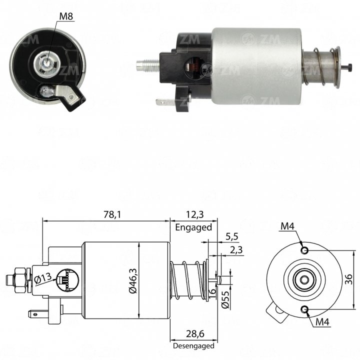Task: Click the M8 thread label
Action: pos(66,16)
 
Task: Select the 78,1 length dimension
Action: pos(112,214)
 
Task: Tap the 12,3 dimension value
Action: pos(194,214)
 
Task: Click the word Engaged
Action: pos(193,227)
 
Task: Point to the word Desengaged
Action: pos(193,346)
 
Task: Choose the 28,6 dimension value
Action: pos(195,334)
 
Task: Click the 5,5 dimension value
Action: pos(231,236)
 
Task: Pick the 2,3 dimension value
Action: pos(236,250)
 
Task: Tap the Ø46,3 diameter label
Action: pos(133,280)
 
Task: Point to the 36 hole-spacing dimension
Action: pos(348,279)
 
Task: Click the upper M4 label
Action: pos(287,226)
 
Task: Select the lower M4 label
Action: pos(322,322)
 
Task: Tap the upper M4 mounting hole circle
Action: pos(305,250)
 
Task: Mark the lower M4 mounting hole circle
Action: pos(305,309)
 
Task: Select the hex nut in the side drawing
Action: pos(20,280)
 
